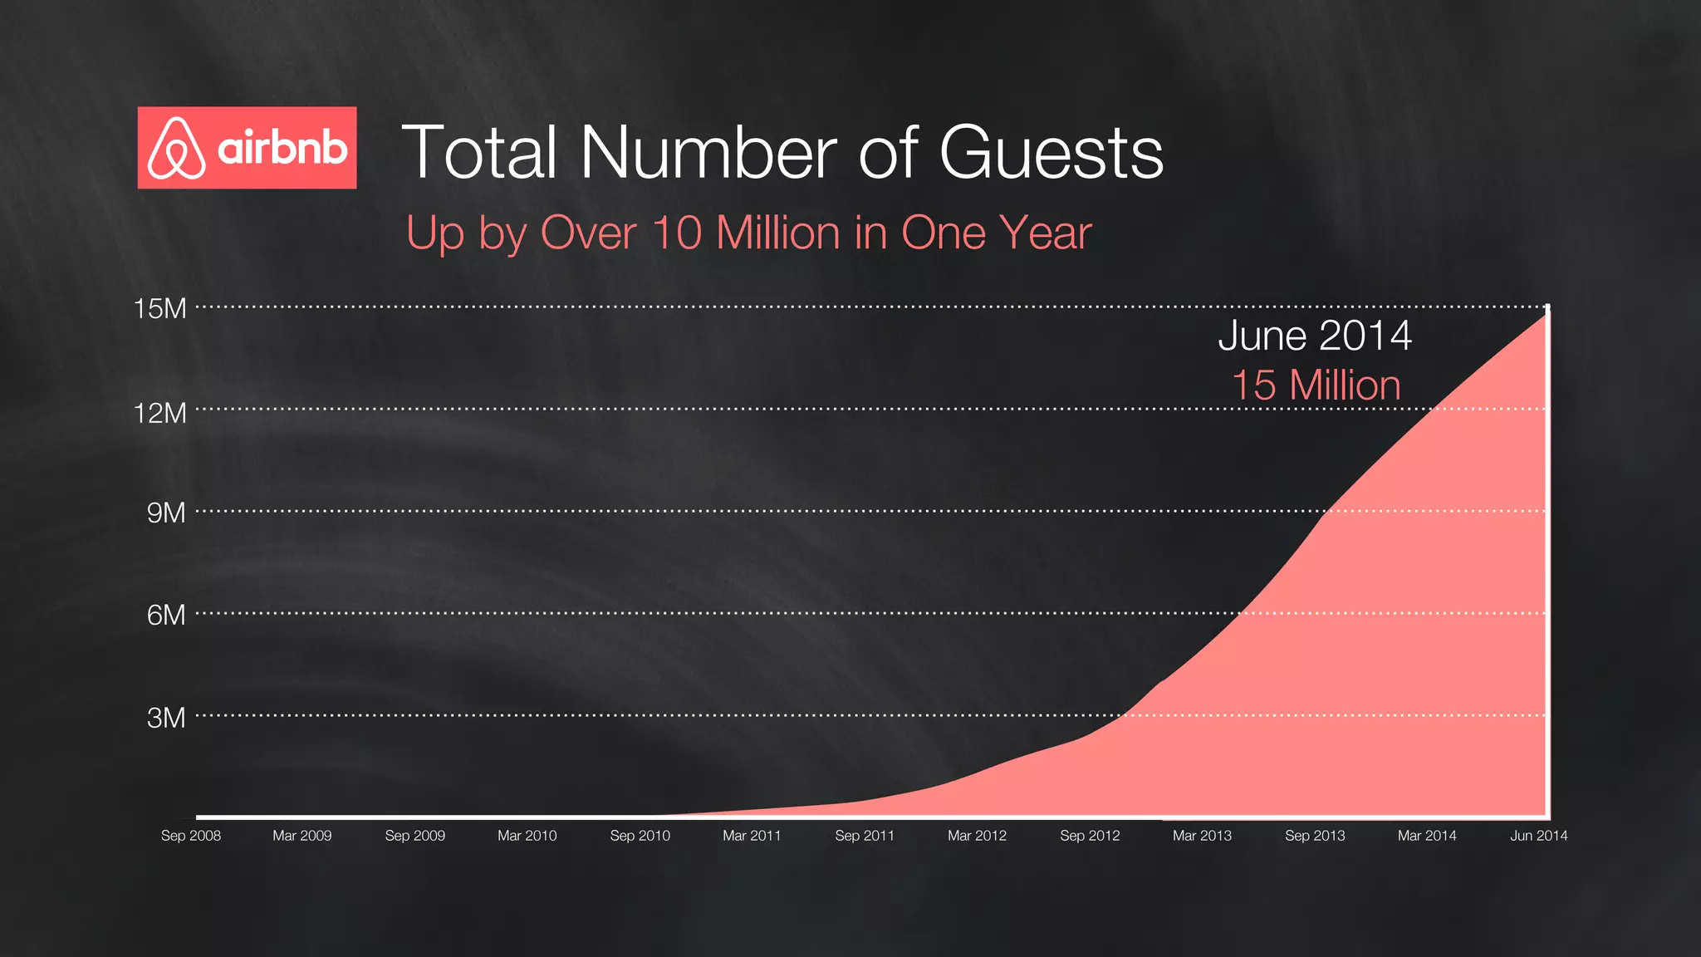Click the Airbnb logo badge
247,148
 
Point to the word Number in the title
708,153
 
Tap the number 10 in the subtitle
677,233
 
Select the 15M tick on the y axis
160,309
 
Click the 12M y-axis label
160,413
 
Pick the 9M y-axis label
166,513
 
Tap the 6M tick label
166,616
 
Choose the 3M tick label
166,718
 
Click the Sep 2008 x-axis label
191,836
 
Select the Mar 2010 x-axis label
527,836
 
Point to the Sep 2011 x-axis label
865,836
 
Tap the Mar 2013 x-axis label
1202,836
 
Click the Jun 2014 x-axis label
1538,836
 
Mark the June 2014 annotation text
1315,336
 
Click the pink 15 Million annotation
1316,385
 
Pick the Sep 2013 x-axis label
1315,836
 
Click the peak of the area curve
1547,310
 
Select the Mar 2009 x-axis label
302,836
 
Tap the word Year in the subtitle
1046,233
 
